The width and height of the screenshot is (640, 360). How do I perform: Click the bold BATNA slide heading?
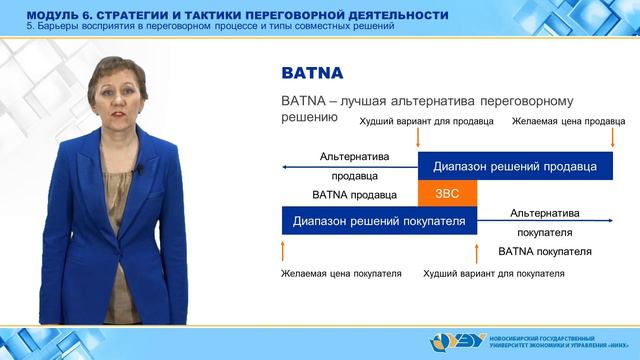pos(310,73)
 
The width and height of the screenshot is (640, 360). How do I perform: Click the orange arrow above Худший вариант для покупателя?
pos(477,247)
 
